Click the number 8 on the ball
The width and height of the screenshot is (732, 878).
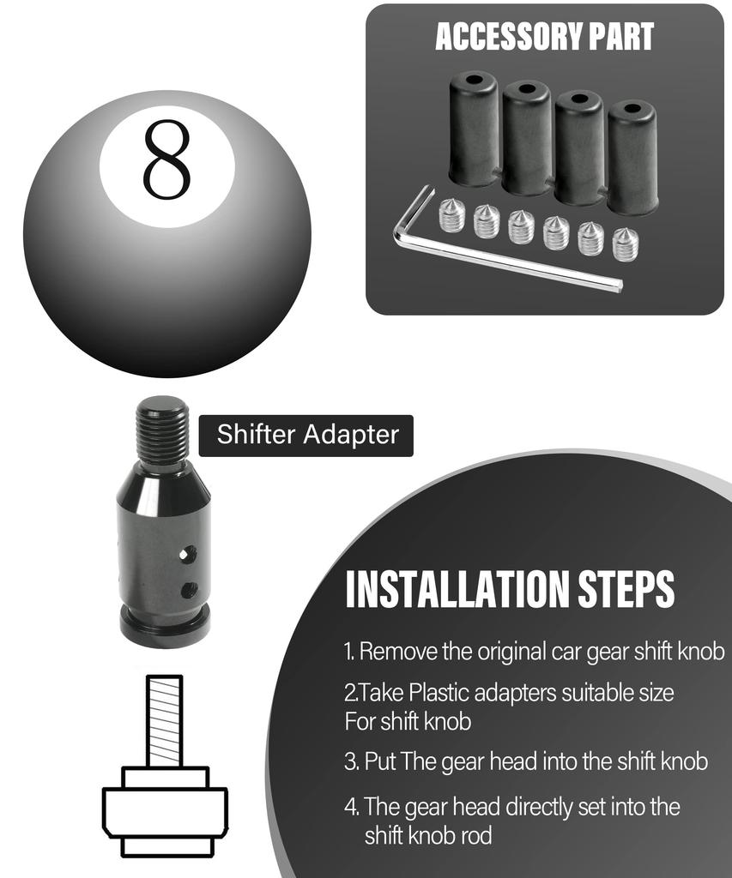(x=166, y=159)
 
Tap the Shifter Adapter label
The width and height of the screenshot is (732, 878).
(x=306, y=435)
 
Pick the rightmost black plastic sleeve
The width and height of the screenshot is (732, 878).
(x=632, y=158)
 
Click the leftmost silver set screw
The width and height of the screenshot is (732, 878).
(x=451, y=215)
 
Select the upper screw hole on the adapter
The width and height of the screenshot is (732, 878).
(x=189, y=555)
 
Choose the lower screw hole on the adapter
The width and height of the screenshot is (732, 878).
(x=189, y=590)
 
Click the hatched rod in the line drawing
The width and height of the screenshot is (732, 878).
(x=164, y=720)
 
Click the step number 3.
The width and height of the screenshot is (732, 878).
(x=350, y=761)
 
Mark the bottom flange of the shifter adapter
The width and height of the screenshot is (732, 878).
(x=164, y=628)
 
